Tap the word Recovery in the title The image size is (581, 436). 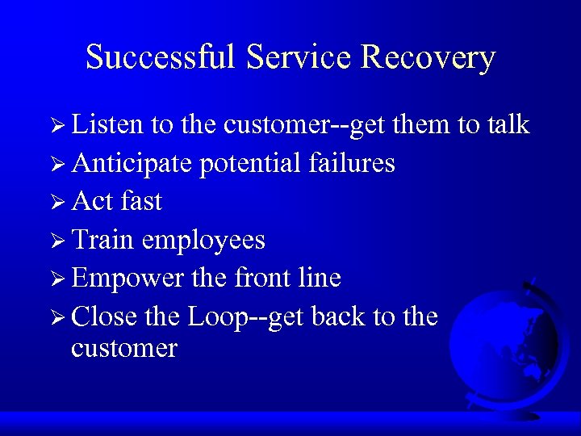[x=428, y=58]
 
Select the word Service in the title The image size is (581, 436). [x=302, y=58]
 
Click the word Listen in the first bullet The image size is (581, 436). [x=107, y=124]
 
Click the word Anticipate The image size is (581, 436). [x=132, y=163]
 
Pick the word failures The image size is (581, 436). [x=352, y=163]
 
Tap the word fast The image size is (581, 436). [x=141, y=201]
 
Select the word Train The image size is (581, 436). [x=102, y=240]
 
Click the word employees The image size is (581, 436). [x=203, y=240]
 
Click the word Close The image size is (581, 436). [x=104, y=317]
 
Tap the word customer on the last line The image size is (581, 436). [x=123, y=349]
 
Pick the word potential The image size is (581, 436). [x=250, y=163]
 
